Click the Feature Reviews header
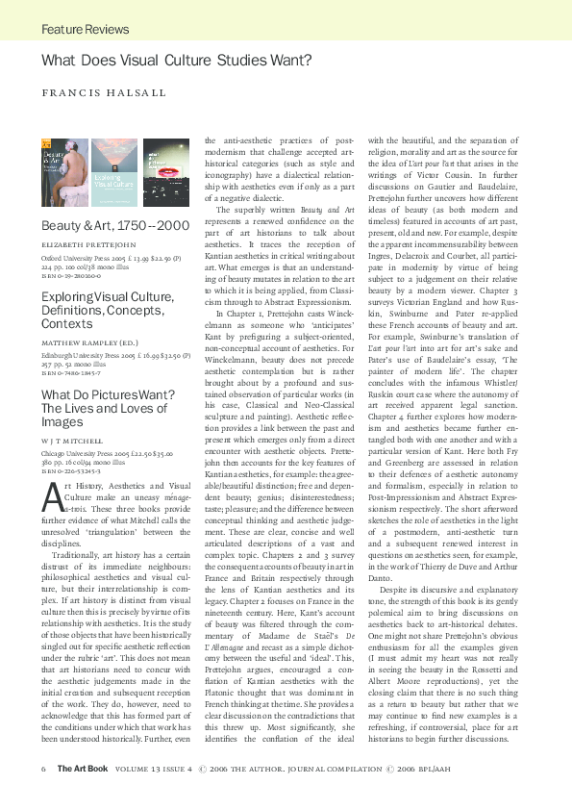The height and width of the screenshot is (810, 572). click(86, 30)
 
